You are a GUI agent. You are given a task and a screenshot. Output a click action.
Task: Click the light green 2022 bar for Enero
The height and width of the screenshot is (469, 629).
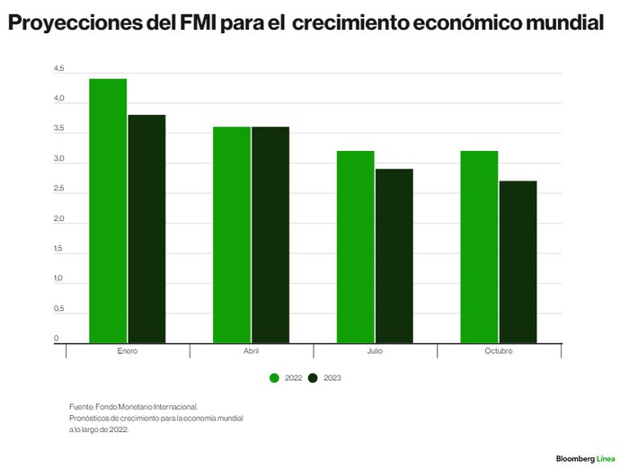point(108,211)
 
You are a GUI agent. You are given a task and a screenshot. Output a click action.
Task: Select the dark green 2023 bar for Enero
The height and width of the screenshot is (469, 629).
point(146,229)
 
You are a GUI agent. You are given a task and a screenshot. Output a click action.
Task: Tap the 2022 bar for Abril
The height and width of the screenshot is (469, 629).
point(232,235)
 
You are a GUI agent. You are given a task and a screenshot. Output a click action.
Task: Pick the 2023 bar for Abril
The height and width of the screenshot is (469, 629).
point(270,235)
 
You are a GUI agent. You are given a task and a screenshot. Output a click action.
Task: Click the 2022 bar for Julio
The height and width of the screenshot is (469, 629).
point(356,247)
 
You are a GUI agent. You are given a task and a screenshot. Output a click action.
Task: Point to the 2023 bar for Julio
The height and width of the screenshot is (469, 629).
point(394,256)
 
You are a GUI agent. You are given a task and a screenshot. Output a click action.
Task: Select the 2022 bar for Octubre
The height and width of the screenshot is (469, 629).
point(479,247)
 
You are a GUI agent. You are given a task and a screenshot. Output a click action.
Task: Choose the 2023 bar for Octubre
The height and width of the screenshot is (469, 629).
point(518,262)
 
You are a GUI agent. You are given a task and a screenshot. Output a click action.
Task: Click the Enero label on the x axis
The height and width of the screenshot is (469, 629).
point(128,351)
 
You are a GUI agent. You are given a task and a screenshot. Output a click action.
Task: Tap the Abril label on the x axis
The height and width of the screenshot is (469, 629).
point(251,351)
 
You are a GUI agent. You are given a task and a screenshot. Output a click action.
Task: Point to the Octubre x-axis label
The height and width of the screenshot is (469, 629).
point(499,351)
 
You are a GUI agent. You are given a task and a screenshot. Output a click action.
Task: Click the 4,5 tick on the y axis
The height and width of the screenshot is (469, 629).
point(59,68)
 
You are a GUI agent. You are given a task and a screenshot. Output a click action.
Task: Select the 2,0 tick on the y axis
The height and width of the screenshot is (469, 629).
point(59,218)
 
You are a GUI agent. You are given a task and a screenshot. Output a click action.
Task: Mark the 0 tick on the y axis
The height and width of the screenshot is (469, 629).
point(56,338)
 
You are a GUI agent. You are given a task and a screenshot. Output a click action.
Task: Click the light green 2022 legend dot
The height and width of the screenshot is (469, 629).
point(274,378)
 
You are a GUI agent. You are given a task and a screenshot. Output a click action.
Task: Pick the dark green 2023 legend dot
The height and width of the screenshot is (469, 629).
point(313,378)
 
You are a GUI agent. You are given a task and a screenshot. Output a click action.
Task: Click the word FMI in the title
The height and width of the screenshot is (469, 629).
point(198,22)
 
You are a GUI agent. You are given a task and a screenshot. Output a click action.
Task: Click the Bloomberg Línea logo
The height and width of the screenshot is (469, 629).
point(585,458)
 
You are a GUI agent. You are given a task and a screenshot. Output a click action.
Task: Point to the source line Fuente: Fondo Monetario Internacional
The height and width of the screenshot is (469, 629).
point(134,407)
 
